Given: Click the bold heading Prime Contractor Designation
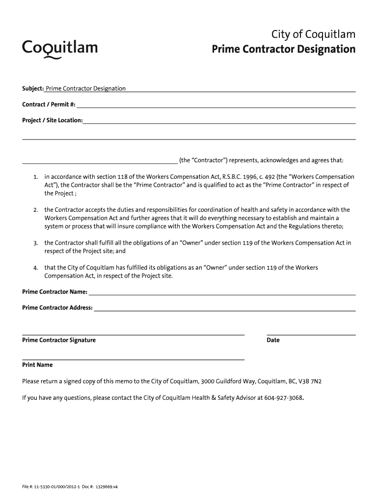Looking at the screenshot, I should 283,49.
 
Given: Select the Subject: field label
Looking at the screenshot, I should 33,88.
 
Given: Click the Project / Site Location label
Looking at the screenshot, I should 52,120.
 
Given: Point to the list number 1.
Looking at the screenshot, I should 36,177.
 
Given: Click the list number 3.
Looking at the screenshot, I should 36,243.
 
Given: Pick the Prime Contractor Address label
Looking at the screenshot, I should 57,307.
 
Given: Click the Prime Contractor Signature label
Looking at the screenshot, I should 59,340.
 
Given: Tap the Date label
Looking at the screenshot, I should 273,340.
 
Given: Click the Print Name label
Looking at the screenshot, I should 37,365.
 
